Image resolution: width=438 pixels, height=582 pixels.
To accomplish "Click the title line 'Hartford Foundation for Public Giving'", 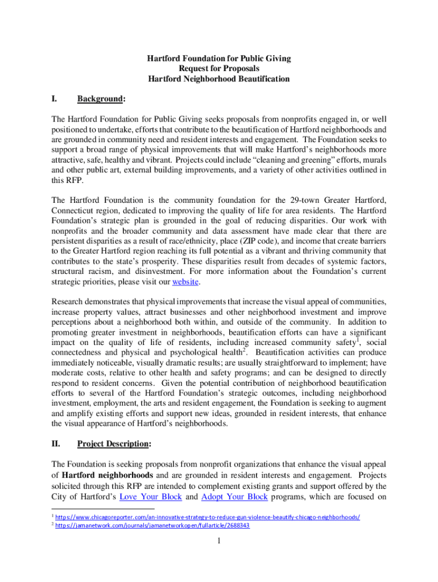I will tap(219, 59).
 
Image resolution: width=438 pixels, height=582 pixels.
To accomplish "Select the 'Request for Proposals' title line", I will tap(219, 69).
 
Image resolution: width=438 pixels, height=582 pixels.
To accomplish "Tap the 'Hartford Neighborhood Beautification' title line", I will tap(219, 79).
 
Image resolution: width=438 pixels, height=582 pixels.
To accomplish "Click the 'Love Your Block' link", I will tap(151, 496).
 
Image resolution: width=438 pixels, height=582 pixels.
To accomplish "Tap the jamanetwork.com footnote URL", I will tap(153, 526).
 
